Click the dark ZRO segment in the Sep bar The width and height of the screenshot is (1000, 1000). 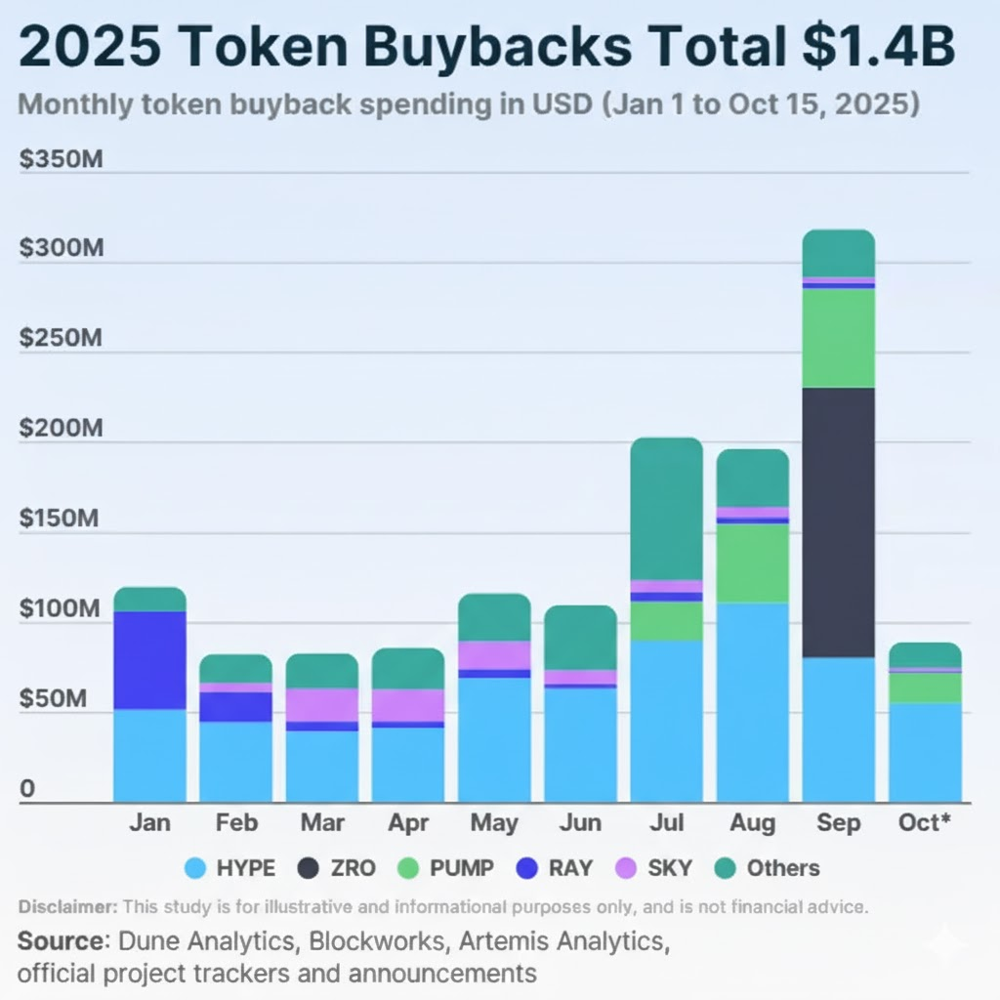(838, 522)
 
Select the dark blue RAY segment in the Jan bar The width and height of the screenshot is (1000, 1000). (149, 660)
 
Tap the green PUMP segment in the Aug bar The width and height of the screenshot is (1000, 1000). (752, 563)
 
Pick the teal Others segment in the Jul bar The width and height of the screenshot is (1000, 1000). (666, 509)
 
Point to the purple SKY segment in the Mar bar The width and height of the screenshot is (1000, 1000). (321, 705)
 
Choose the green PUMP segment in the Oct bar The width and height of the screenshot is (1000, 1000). (924, 687)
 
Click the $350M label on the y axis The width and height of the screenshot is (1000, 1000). (61, 159)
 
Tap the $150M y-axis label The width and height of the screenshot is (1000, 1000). (59, 518)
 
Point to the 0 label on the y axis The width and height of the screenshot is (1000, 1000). (27, 789)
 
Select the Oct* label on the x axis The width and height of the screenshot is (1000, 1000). (924, 823)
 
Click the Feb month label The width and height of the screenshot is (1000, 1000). (235, 823)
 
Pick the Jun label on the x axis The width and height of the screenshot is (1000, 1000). (580, 823)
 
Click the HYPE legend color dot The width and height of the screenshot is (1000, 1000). (196, 867)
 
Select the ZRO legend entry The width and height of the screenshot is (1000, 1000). (337, 867)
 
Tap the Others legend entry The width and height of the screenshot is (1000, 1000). (768, 867)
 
